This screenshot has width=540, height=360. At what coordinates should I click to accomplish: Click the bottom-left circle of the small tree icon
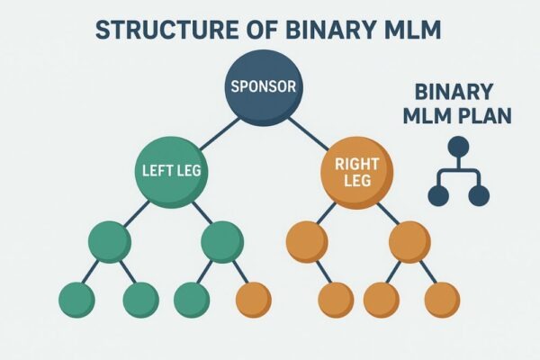click(x=438, y=194)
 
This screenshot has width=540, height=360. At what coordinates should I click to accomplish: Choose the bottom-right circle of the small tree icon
click(x=480, y=194)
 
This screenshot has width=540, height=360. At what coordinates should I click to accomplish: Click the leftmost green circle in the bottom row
click(x=76, y=300)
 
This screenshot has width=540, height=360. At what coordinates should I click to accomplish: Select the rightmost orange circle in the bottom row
click(x=440, y=300)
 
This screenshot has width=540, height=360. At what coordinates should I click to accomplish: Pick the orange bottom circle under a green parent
click(x=252, y=300)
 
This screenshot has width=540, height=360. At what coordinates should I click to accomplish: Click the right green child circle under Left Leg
click(x=221, y=241)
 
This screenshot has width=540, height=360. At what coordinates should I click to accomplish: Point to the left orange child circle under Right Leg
click(x=307, y=241)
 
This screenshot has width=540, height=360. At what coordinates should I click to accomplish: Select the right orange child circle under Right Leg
click(x=410, y=241)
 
